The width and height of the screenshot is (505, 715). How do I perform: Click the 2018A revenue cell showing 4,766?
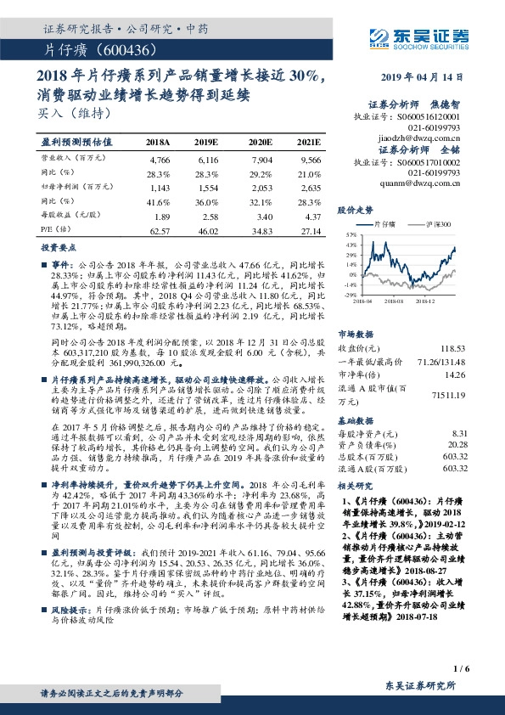tap(160, 160)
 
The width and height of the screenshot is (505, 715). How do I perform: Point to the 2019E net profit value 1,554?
tap(209, 186)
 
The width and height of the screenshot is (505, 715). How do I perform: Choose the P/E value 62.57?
tap(160, 230)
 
